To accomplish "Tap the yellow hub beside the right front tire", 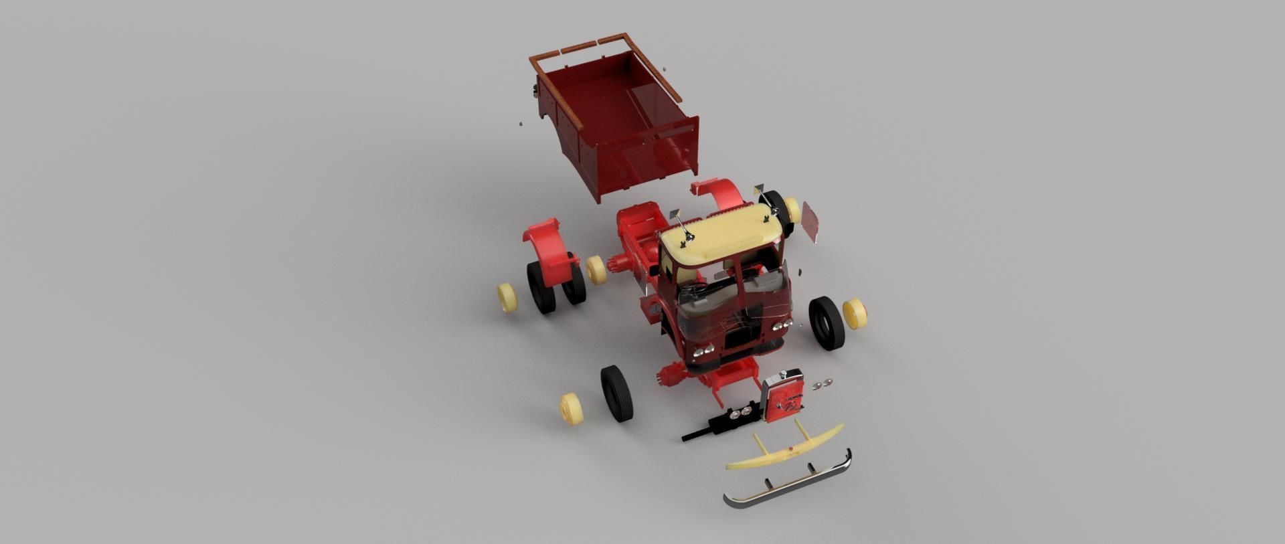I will coord(855,313).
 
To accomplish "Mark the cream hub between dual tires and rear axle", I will coord(596,270).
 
